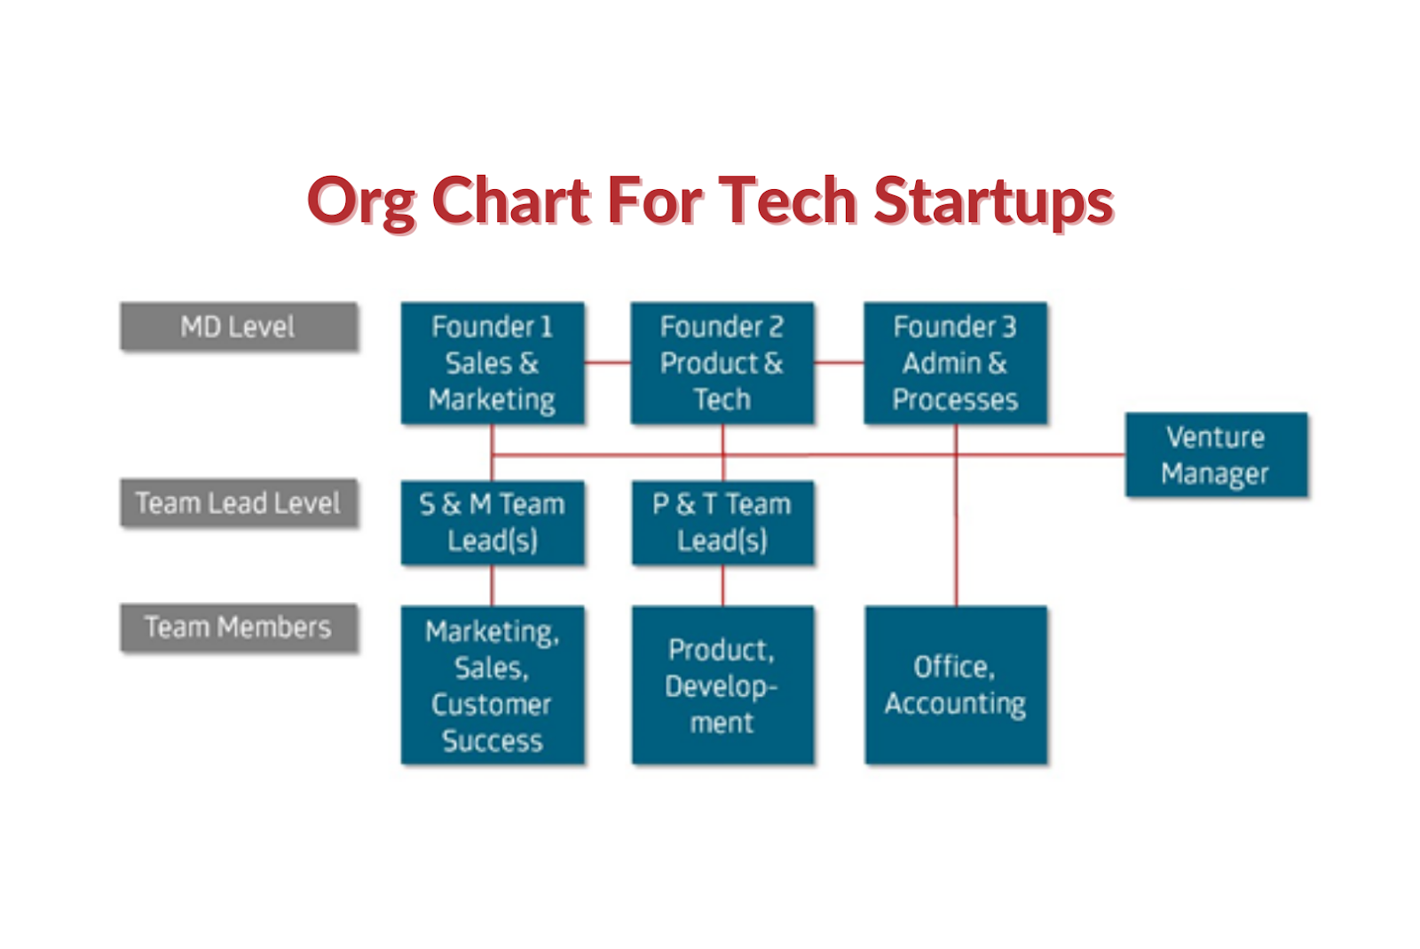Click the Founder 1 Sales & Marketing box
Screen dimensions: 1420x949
point(492,363)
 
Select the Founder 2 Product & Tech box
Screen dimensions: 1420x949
point(722,363)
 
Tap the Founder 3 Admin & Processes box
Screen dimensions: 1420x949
point(955,363)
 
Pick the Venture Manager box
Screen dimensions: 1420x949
point(1215,455)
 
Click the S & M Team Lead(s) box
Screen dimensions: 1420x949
point(492,522)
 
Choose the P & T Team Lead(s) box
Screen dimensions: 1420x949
point(722,522)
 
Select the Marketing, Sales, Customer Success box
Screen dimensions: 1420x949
point(492,684)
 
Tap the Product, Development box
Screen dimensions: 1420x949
point(722,684)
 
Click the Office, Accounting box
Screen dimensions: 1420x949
point(955,684)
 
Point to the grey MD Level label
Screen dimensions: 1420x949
point(238,327)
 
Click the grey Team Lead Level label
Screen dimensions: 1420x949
point(238,503)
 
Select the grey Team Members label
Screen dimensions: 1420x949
point(238,628)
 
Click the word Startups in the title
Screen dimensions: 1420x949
point(993,201)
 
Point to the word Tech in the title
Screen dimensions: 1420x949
point(787,201)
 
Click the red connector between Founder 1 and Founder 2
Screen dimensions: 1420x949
point(607,362)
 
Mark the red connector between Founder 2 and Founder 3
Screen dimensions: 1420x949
point(839,362)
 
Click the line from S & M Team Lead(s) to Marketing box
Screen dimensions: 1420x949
point(492,586)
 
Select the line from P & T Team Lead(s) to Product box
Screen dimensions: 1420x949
point(722,586)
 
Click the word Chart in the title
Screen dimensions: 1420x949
point(511,201)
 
